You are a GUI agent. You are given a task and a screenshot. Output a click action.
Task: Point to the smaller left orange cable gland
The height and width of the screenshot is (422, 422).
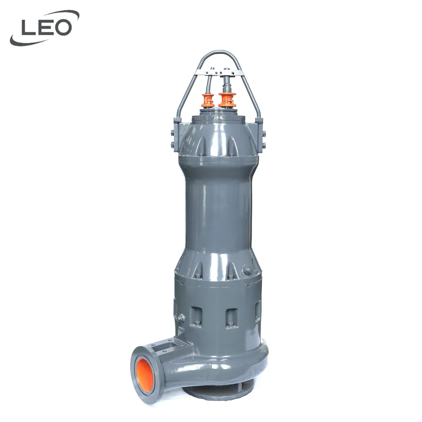(209, 100)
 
